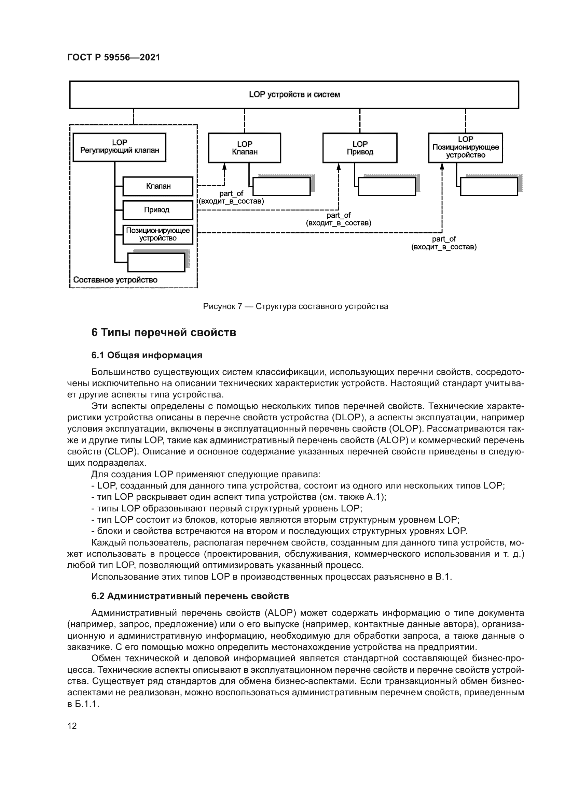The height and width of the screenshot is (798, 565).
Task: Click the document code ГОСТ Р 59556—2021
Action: pos(114,58)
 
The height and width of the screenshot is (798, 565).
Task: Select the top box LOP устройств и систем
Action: pos(294,95)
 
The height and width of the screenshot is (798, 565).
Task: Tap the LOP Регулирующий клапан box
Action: pos(119,147)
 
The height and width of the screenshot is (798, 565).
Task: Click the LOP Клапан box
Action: pos(244,148)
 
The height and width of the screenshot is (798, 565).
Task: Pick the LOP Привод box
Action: pos(360,148)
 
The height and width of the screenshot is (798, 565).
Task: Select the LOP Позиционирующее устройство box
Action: pos(466,147)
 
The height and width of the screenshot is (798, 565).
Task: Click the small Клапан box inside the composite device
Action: pos(158,186)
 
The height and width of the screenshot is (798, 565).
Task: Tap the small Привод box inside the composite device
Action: pos(157,210)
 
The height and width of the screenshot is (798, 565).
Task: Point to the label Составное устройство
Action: pos(115,280)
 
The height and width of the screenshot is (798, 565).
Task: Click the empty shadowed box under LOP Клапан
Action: pos(281,187)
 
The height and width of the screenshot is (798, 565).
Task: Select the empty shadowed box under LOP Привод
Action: pos(387,187)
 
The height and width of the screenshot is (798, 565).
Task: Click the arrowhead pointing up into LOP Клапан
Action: pos(224,167)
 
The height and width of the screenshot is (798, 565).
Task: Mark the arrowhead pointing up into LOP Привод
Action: pos(339,167)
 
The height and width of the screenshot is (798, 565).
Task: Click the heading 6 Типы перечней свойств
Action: pos(164,333)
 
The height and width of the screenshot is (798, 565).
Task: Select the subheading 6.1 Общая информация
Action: pos(147,355)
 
